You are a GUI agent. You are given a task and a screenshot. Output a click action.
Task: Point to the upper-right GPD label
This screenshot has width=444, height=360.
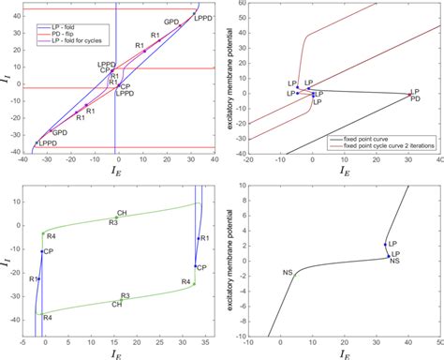click(x=171, y=22)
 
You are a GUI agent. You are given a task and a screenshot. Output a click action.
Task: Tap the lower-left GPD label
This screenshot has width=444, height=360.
click(x=59, y=133)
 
